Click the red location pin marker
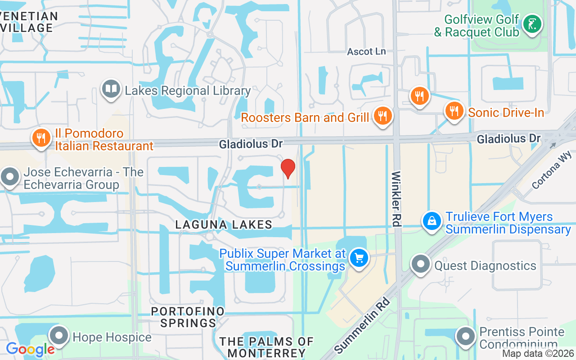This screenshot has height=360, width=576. pyautogui.click(x=288, y=168)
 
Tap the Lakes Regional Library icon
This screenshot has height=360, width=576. pyautogui.click(x=110, y=89)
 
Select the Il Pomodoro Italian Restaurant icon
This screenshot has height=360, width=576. pyautogui.click(x=41, y=138)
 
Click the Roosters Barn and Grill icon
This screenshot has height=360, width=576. pyautogui.click(x=382, y=116)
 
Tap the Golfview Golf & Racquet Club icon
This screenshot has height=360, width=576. pyautogui.click(x=532, y=24)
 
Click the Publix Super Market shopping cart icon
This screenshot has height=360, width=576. pyautogui.click(x=359, y=259)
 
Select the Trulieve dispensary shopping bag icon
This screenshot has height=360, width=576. pyautogui.click(x=432, y=221)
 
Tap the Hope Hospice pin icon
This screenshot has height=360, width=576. pyautogui.click(x=59, y=336)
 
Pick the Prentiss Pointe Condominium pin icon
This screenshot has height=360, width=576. pyautogui.click(x=466, y=336)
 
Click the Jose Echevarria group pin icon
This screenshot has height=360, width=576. pyautogui.click(x=10, y=176)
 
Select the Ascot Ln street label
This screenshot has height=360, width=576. pyautogui.click(x=366, y=51)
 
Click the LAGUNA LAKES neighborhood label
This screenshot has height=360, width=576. pyautogui.click(x=224, y=224)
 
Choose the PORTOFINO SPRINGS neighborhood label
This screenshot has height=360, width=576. pyautogui.click(x=188, y=317)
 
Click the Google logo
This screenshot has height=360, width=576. pyautogui.click(x=30, y=349)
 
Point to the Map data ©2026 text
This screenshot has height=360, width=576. pyautogui.click(x=538, y=353)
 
